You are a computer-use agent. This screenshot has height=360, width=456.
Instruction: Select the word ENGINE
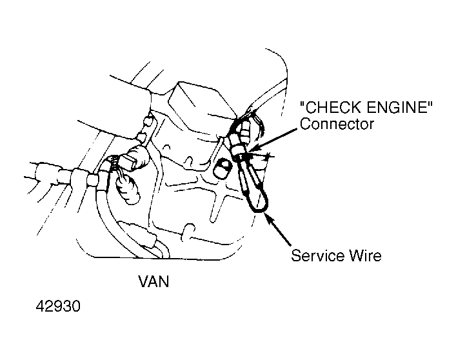tap(395, 108)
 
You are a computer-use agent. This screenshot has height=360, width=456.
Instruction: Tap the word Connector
tap(337, 124)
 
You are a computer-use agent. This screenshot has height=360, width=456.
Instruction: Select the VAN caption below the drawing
tap(154, 281)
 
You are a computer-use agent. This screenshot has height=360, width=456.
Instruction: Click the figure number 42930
tap(58, 306)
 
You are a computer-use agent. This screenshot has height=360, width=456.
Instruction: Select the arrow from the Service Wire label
tap(278, 230)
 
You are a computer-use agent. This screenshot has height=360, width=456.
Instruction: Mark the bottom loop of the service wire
tap(258, 209)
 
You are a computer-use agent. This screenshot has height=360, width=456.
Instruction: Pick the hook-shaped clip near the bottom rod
tap(188, 232)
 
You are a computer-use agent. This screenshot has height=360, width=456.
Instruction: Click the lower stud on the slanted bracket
tap(142, 137)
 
